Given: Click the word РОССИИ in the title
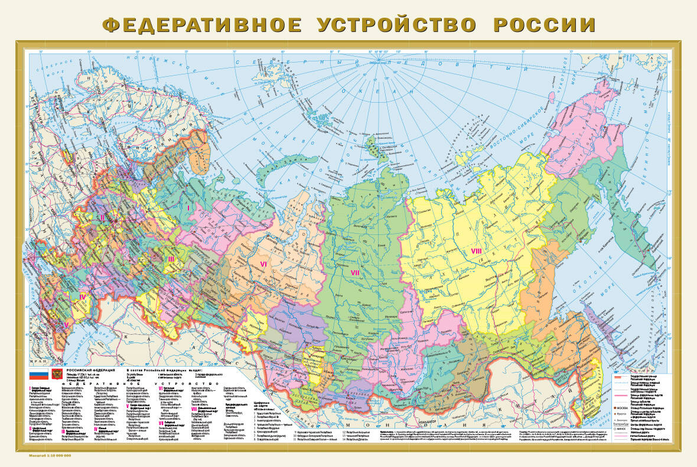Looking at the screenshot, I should click(544, 25).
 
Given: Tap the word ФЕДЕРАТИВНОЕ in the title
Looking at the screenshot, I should click(201, 25).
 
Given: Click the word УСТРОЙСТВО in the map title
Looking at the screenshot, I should click(396, 25).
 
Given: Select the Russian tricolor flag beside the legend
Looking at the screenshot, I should click(38, 374).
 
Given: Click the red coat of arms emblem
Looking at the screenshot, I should click(57, 374).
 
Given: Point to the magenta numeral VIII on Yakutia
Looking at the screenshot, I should click(477, 252).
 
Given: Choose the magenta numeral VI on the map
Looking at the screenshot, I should click(265, 263).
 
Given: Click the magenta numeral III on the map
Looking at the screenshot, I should click(171, 259).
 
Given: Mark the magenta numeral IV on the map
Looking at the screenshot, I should click(83, 297).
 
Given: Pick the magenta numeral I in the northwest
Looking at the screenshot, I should click(188, 207).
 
